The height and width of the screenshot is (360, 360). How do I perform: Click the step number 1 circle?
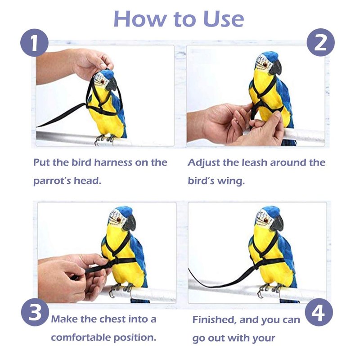coord(35,43)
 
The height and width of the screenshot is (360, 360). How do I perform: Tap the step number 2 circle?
coord(320,43)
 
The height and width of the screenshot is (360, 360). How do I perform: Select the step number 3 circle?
coord(35,312)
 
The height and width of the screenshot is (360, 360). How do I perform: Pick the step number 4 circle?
coord(319,312)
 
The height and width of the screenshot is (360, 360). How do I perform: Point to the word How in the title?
coord(140,19)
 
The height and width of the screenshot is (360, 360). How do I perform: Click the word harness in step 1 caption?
coord(113,162)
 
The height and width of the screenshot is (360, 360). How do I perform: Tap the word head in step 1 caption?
coord(87,181)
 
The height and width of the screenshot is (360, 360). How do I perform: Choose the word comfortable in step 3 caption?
coord(81,338)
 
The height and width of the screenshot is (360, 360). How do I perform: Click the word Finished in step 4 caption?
coord(215,320)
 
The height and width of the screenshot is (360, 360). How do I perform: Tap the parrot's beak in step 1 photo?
coord(112,84)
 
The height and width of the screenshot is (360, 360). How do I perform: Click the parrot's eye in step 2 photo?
coord(265,64)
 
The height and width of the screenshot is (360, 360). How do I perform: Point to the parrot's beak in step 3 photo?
coord(130,223)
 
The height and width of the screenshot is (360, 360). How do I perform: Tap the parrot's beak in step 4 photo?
coord(277,223)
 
